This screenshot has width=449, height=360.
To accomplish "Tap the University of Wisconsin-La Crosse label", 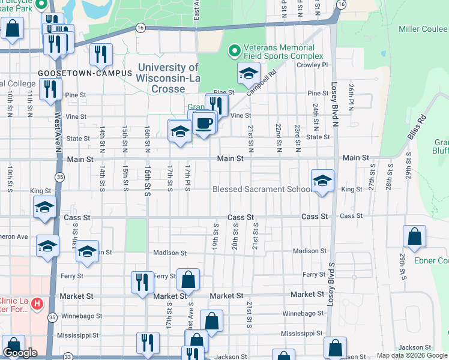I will [x=168, y=78].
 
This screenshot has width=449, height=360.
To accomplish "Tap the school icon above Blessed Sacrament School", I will [x=322, y=181].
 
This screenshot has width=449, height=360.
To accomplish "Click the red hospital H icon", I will [x=37, y=304].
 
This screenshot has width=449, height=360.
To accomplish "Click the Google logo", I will [x=20, y=353].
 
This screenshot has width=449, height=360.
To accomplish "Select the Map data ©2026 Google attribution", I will [x=412, y=355].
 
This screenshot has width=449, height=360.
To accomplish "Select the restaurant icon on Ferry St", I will [x=142, y=282].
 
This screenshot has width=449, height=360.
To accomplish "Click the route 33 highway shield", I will [x=68, y=356].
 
